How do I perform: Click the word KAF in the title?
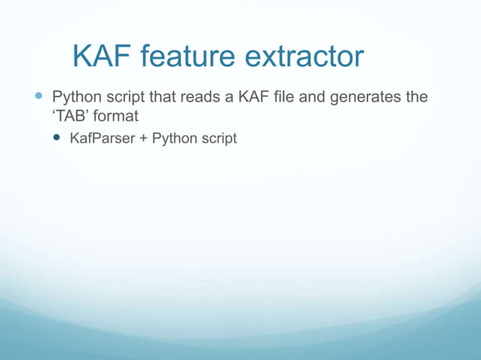tap(103, 57)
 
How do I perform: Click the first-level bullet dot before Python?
tap(39, 98)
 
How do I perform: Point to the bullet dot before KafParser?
tap(57, 139)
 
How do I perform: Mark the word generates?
tap(365, 98)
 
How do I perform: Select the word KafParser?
tap(101, 139)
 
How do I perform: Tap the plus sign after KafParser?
tap(142, 139)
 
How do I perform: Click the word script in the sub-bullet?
tap(219, 139)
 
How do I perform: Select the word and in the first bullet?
tap(315, 98)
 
